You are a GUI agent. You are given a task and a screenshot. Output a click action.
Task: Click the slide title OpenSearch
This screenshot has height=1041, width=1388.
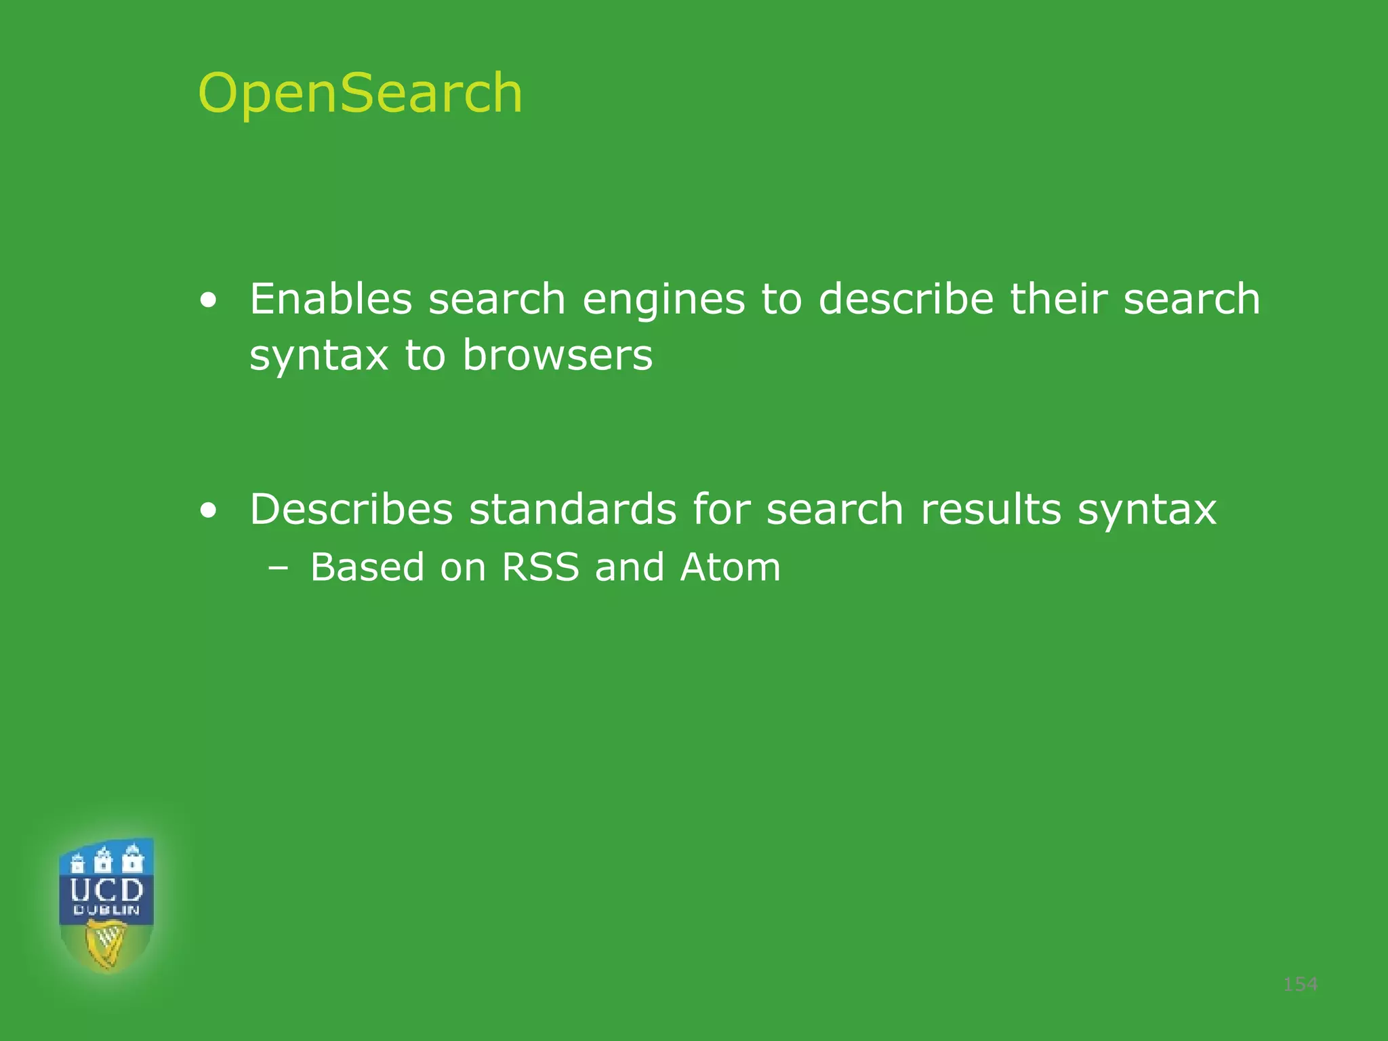360,93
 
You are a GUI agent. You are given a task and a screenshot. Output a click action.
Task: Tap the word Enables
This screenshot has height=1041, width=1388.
331,299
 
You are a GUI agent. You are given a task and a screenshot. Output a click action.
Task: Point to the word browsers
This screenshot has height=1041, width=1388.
557,354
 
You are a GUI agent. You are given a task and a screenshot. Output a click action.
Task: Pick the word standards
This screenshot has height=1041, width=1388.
573,509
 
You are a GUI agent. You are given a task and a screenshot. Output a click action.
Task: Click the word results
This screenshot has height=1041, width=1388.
991,509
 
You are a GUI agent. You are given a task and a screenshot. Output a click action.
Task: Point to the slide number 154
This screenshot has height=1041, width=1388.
1300,983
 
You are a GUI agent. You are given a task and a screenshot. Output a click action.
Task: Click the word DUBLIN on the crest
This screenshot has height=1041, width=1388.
106,910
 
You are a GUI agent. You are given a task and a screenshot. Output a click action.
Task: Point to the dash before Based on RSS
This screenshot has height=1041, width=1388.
277,568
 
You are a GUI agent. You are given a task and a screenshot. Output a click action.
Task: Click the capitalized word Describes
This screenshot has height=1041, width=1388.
351,509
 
